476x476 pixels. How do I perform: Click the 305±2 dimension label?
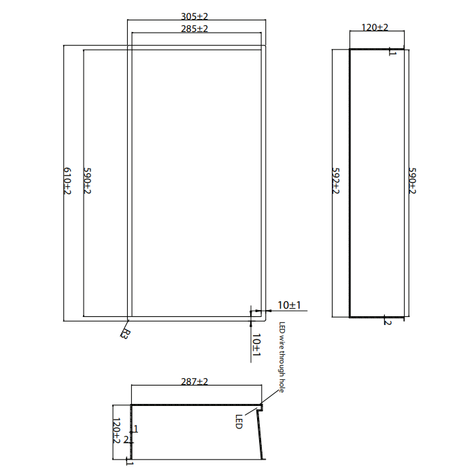pos(194,16)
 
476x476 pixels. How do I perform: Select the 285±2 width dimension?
pos(194,29)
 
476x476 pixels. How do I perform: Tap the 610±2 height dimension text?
pos(67,181)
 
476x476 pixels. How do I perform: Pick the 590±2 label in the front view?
pos(87,181)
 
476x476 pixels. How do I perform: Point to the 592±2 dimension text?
pos(335,181)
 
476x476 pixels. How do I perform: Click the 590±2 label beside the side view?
pos(412,181)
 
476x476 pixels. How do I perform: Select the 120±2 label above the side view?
pos(375,27)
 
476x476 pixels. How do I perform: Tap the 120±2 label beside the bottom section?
pos(116,430)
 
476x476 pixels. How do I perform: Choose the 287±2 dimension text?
pos(194,381)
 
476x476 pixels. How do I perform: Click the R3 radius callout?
pos(125,334)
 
